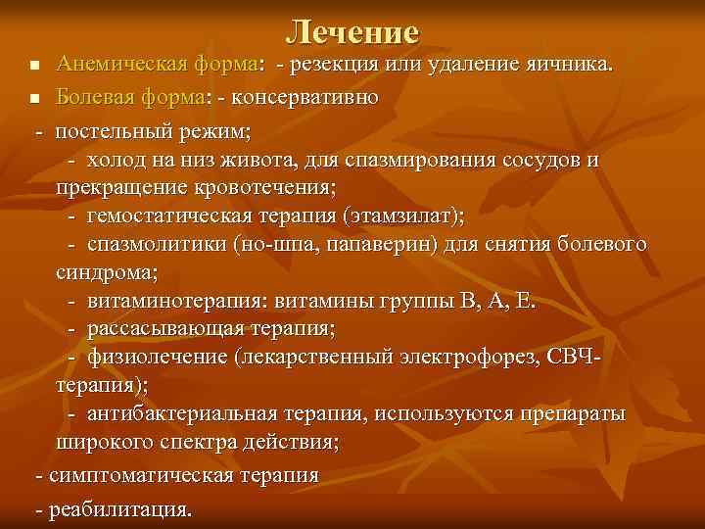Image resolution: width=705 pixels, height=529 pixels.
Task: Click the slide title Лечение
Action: tap(352, 32)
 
